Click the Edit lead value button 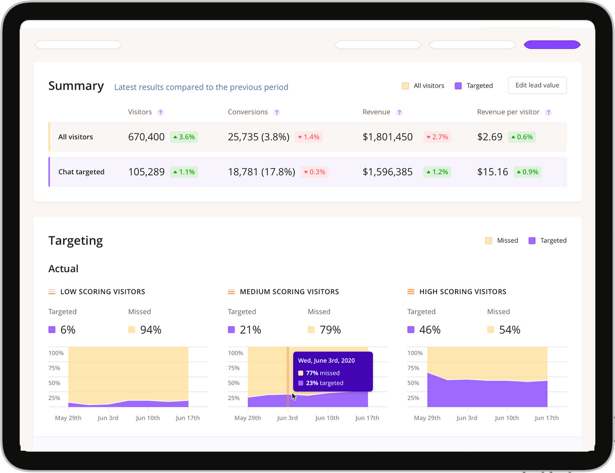[x=537, y=85]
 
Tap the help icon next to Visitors [x=160, y=112]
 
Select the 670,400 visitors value [x=146, y=137]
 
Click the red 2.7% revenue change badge [x=437, y=137]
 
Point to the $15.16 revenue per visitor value [x=493, y=172]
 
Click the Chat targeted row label [x=81, y=172]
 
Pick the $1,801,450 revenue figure [x=387, y=137]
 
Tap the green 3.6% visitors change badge [x=184, y=137]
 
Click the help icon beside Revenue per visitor [x=548, y=112]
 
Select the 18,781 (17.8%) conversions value [x=261, y=172]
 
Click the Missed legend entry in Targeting [x=502, y=241]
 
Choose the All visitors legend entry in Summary [x=423, y=86]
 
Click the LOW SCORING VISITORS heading [x=103, y=292]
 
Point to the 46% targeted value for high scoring [x=429, y=330]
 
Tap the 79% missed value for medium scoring [x=330, y=330]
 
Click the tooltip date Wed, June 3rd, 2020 [x=326, y=361]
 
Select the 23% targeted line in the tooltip [x=324, y=383]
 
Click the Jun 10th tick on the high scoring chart [x=506, y=418]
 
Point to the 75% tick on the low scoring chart [x=54, y=368]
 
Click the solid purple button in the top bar [x=552, y=45]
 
